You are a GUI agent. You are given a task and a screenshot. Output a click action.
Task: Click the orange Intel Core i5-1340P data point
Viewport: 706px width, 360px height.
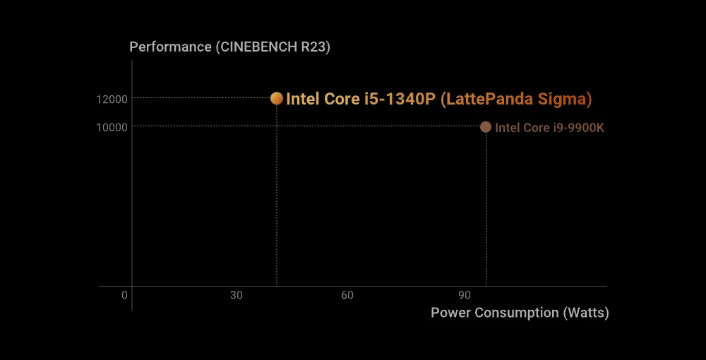point(277,98)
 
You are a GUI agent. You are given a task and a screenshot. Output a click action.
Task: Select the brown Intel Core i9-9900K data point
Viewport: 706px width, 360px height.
point(486,127)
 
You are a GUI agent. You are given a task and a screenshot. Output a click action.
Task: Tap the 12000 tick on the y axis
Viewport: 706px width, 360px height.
point(112,99)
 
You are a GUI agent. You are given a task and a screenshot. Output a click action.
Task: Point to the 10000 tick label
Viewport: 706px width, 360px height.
point(112,127)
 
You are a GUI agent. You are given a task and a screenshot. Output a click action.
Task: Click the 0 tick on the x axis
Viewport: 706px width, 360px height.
point(124,295)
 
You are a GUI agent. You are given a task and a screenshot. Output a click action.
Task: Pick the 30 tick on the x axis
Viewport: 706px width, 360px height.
point(236,295)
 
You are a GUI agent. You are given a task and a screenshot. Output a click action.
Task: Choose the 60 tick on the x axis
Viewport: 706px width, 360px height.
point(347,295)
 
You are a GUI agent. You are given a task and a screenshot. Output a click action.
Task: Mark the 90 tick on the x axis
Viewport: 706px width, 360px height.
point(464,295)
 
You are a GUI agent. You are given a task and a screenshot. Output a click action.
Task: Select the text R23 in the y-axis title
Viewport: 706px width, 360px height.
point(314,47)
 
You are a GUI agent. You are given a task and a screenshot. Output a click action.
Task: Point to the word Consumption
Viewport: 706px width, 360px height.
point(517,313)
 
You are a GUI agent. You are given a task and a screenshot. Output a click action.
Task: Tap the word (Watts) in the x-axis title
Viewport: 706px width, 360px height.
point(586,313)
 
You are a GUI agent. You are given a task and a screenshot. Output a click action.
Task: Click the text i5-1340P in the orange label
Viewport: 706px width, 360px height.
point(400,99)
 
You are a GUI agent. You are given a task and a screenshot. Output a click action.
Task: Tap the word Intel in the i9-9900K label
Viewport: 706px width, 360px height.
point(507,128)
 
